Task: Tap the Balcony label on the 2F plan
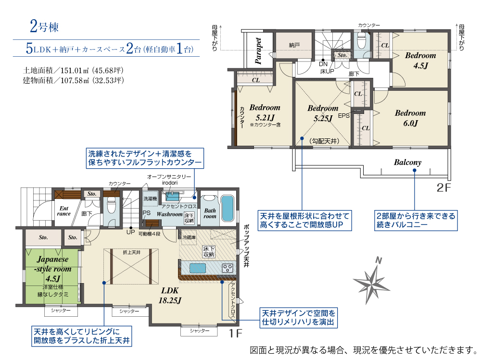[407, 162]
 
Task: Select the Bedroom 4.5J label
[420, 60]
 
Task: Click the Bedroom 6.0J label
[410, 118]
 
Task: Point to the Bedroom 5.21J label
[264, 113]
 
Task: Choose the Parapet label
[259, 51]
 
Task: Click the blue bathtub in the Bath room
[228, 208]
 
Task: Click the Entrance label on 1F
[64, 211]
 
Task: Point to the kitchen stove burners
[227, 268]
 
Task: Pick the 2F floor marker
[444, 188]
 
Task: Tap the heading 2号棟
[44, 26]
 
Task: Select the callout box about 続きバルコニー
[415, 220]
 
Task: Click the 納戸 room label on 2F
[294, 45]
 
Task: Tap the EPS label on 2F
[343, 116]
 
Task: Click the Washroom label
[169, 214]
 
